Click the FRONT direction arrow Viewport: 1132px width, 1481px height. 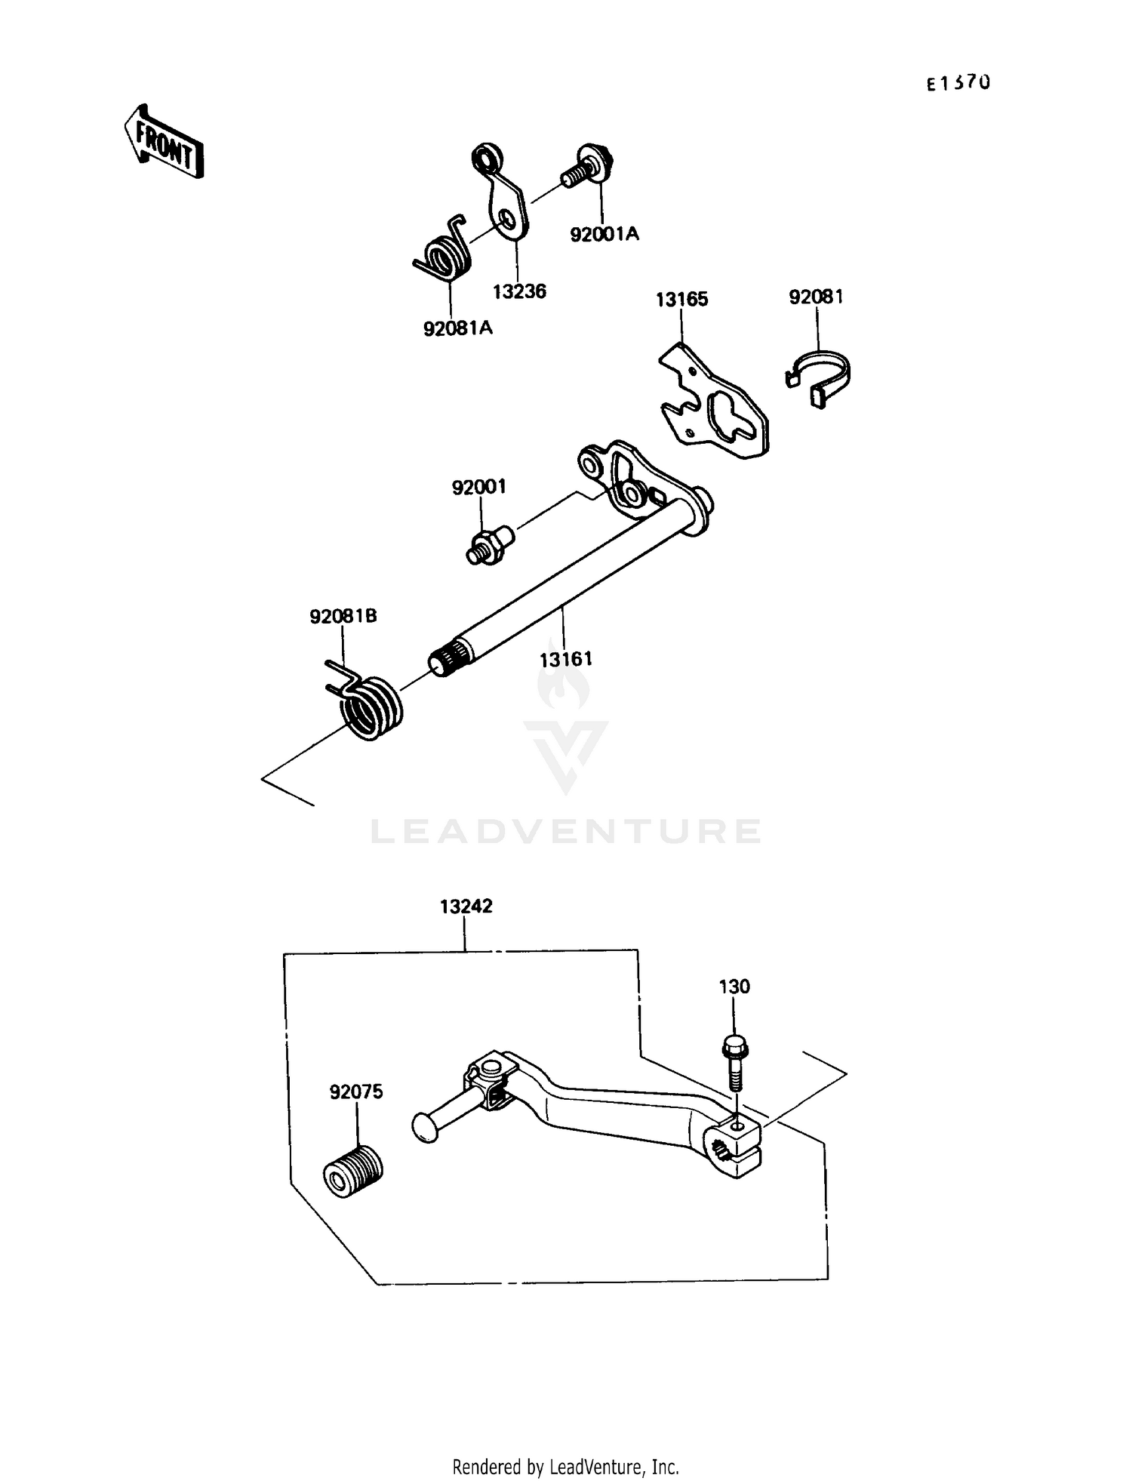pyautogui.click(x=164, y=141)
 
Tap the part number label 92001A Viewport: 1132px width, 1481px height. pyautogui.click(x=604, y=235)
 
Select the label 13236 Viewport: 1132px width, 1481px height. pyautogui.click(x=519, y=291)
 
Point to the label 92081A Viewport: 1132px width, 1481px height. pyautogui.click(x=457, y=328)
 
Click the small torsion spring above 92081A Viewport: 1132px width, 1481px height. pyautogui.click(x=444, y=253)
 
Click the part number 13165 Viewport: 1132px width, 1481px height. pyautogui.click(x=681, y=300)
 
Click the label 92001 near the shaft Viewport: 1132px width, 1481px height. pyautogui.click(x=478, y=488)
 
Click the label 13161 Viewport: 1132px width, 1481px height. pyautogui.click(x=565, y=659)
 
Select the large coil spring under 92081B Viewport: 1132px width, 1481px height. pyautogui.click(x=369, y=707)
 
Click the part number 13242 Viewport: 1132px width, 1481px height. pyautogui.click(x=466, y=906)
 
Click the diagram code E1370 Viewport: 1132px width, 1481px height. pyautogui.click(x=958, y=83)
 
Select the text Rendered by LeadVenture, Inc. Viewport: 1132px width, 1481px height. pyautogui.click(x=565, y=1467)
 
